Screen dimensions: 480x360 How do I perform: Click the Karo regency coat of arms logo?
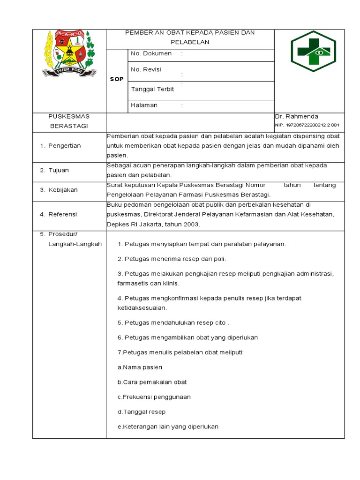click(x=69, y=54)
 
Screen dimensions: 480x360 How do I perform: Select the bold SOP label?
click(x=117, y=79)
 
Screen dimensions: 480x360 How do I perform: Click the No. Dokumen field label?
click(x=151, y=53)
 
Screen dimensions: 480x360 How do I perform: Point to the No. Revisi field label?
click(x=146, y=69)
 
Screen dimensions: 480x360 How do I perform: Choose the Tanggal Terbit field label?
click(x=152, y=90)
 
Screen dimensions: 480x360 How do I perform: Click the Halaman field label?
click(x=144, y=105)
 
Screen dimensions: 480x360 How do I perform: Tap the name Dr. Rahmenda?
click(x=297, y=116)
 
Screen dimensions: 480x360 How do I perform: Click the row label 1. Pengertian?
click(x=60, y=146)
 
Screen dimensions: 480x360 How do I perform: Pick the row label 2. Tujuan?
click(x=55, y=170)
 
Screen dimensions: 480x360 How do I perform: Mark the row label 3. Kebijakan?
click(x=59, y=190)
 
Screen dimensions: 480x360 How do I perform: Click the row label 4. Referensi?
click(x=59, y=214)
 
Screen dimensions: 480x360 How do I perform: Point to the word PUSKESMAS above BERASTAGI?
click(x=69, y=116)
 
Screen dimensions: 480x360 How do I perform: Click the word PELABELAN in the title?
click(x=190, y=42)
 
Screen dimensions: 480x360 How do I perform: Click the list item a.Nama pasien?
click(x=140, y=367)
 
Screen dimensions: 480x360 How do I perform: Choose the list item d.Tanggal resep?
click(x=142, y=412)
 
